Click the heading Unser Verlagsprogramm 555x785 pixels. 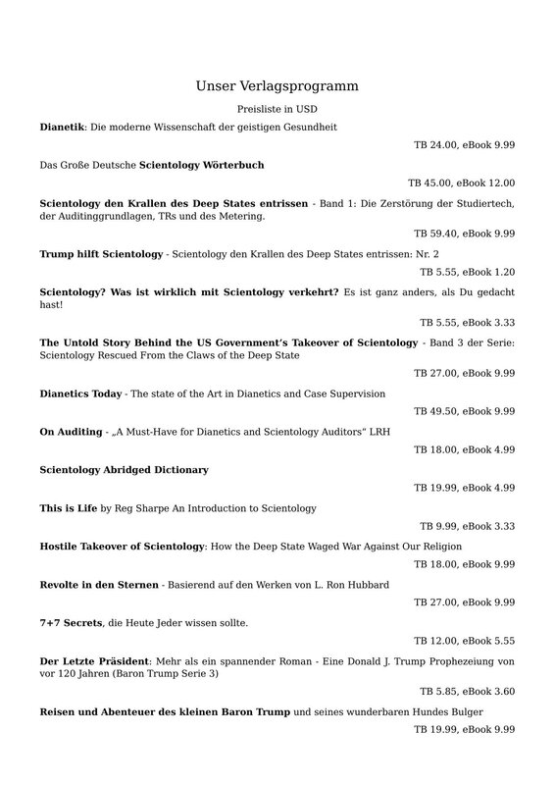click(x=277, y=86)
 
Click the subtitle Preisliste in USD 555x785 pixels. click(x=277, y=110)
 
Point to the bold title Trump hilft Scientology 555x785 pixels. click(x=101, y=254)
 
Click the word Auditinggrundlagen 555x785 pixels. click(x=106, y=216)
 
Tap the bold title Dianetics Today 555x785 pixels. click(x=80, y=393)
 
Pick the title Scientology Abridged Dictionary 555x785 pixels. click(x=124, y=470)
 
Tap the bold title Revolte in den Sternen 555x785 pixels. click(x=98, y=585)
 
